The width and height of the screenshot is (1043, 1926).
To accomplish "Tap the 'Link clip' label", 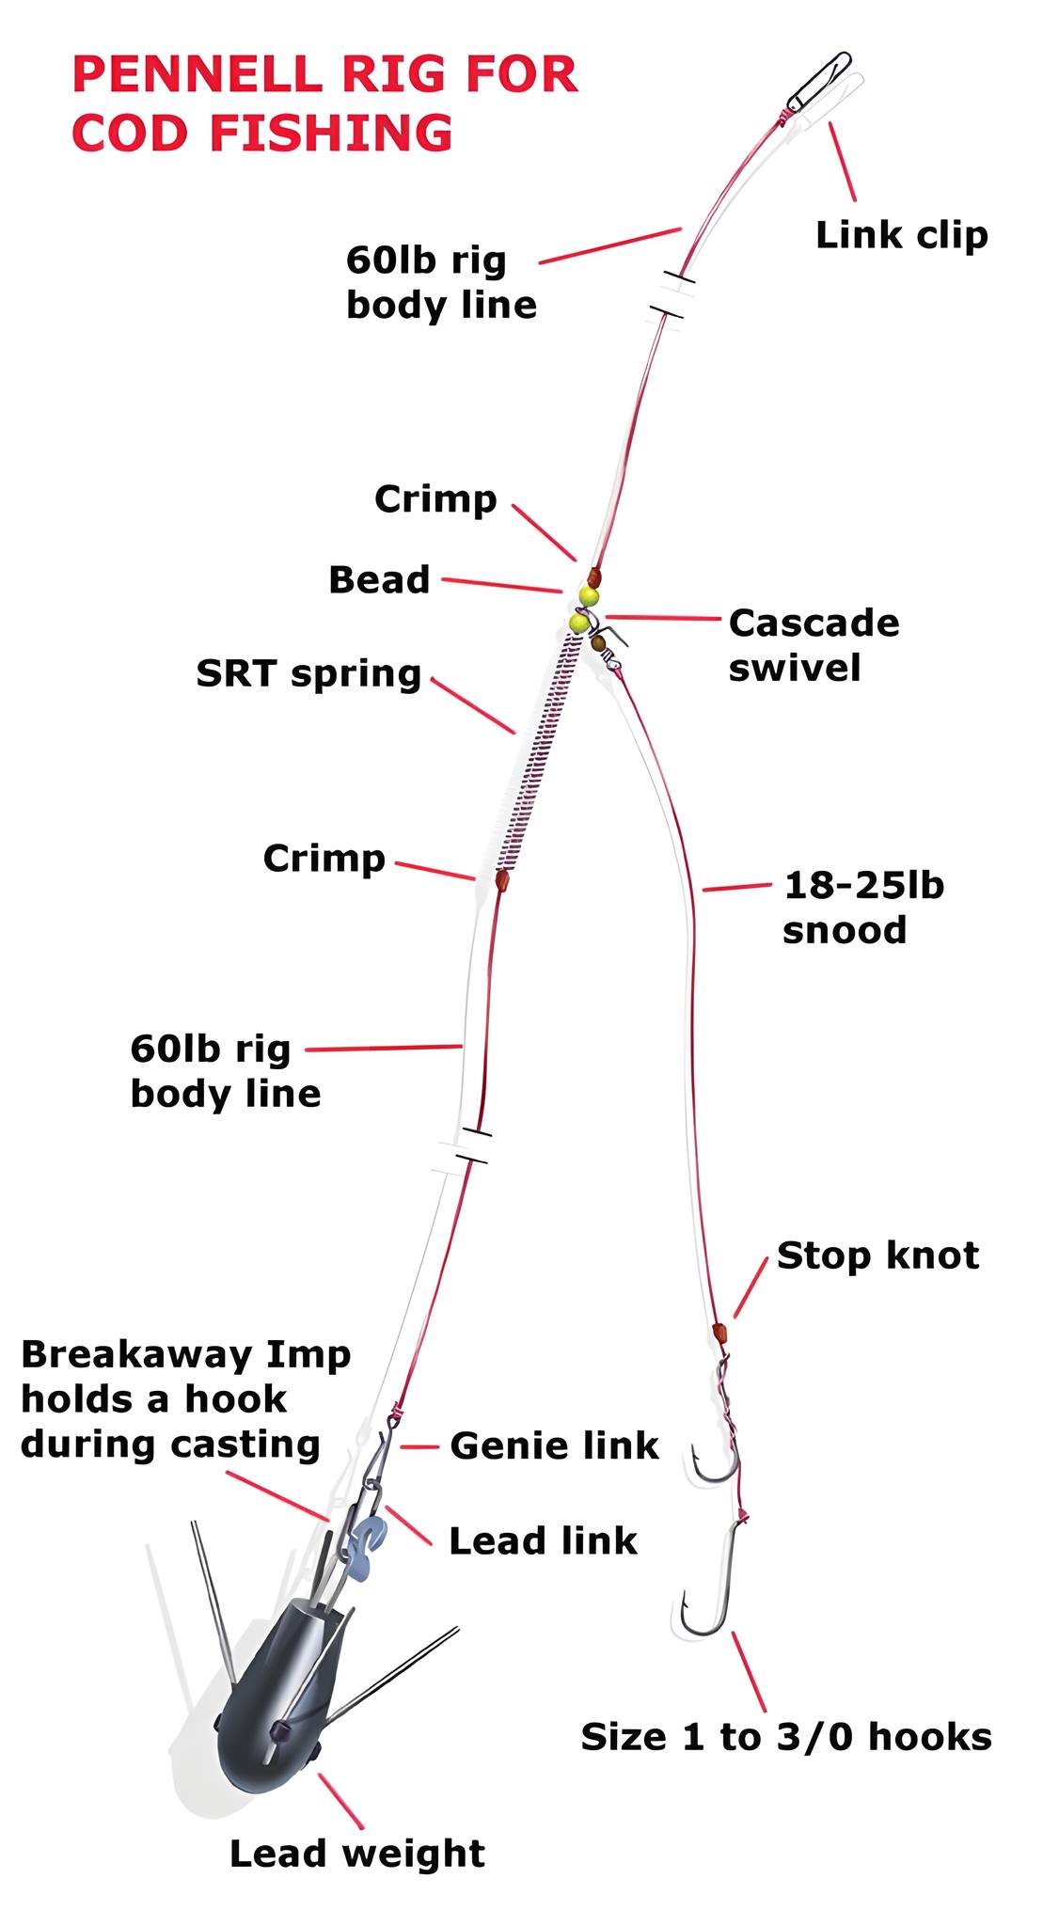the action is [x=902, y=234].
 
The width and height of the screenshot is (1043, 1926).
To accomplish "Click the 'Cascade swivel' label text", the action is [x=814, y=645].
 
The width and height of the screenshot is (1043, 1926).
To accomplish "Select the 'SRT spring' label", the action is [x=308, y=674].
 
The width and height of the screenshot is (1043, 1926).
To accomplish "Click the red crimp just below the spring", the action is [x=502, y=880].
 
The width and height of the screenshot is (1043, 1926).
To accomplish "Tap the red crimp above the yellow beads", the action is [x=593, y=576].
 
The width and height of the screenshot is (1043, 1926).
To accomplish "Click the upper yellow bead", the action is [x=589, y=597].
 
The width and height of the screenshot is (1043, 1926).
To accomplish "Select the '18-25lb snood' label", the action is [x=863, y=908].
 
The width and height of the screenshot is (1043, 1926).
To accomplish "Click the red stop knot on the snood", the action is [x=720, y=1332].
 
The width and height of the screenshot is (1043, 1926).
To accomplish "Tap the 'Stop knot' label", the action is [x=877, y=1255].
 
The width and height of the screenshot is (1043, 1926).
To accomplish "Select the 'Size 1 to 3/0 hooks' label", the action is [x=786, y=1737].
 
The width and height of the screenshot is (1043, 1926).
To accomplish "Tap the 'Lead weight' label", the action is [x=357, y=1854].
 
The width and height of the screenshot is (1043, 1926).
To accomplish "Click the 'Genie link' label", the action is [x=554, y=1445].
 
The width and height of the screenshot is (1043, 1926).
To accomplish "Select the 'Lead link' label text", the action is [x=543, y=1540].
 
